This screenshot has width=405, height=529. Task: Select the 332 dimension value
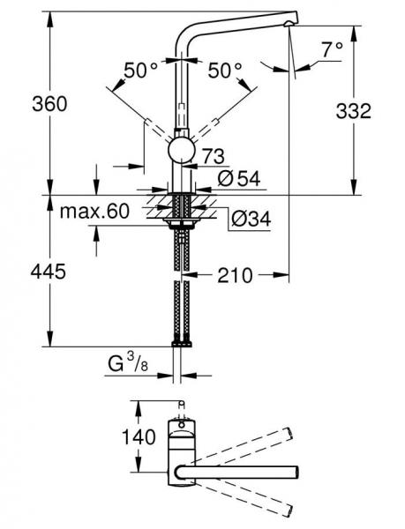pos(377,110)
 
